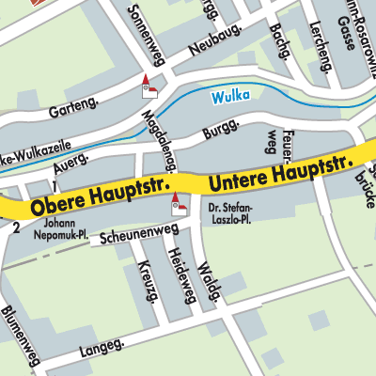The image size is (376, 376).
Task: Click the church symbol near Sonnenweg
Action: coord(147,86)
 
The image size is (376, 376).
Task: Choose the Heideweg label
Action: coord(180,276)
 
